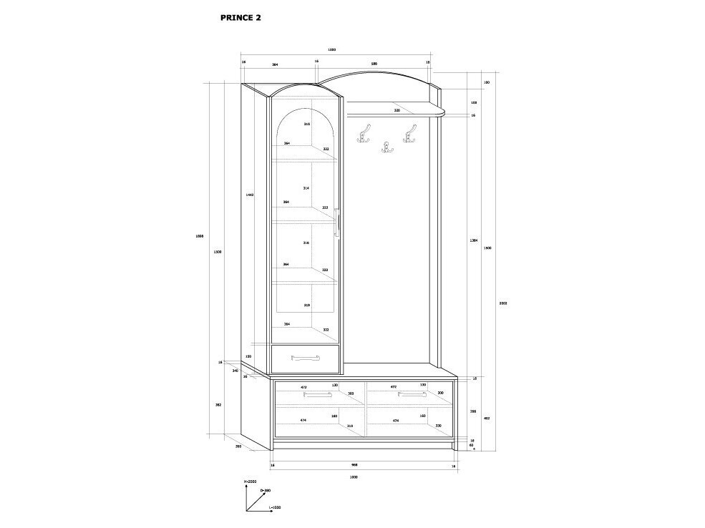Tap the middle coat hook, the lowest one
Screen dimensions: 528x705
click(388, 147)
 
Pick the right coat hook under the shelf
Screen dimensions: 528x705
click(410, 132)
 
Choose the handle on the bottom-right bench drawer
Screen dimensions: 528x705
click(412, 393)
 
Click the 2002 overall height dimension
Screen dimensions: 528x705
click(502, 303)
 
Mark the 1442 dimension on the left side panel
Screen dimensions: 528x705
click(249, 195)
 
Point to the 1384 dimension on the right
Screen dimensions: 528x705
click(474, 240)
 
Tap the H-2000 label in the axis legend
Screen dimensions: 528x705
click(250, 482)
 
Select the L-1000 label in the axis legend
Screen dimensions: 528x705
click(275, 507)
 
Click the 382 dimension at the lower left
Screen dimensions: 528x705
click(218, 405)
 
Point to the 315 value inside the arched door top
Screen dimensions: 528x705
click(306, 124)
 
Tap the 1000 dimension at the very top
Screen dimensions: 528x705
click(331, 49)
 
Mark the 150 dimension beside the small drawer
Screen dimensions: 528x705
click(248, 356)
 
